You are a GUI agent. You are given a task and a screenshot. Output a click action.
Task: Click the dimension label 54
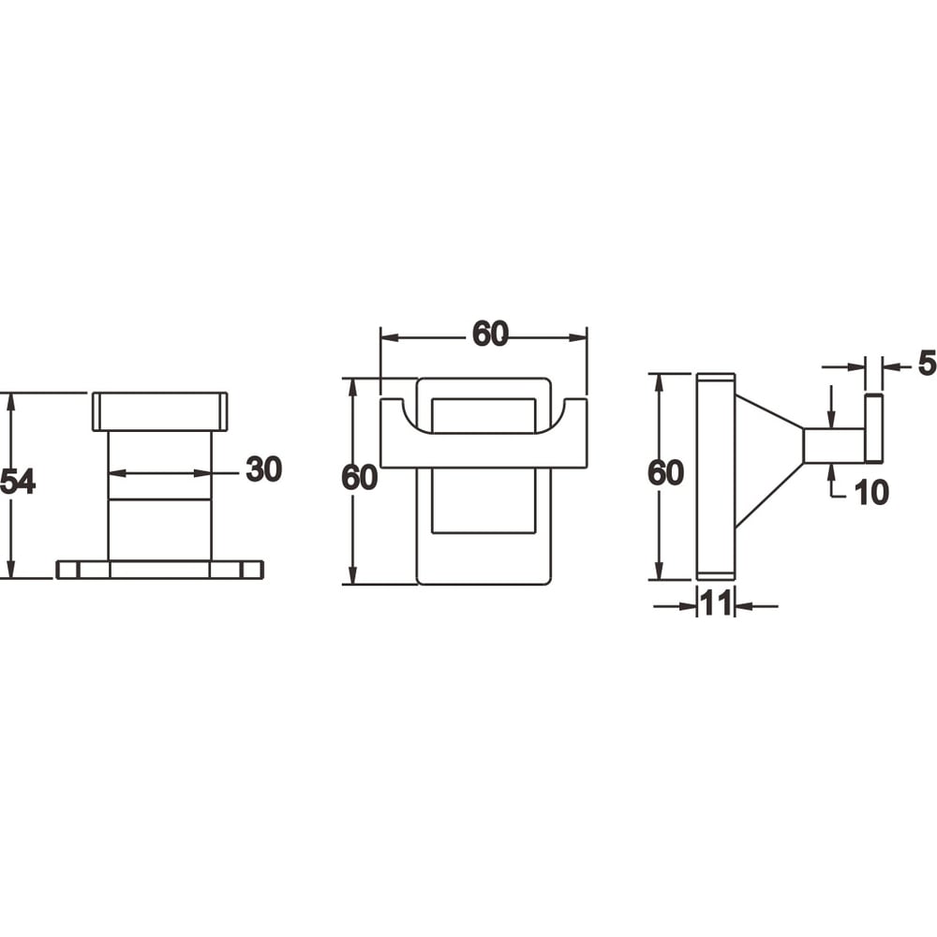point(18,482)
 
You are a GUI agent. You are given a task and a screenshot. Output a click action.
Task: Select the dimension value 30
point(263,469)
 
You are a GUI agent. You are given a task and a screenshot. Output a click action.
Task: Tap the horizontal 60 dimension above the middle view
point(490,334)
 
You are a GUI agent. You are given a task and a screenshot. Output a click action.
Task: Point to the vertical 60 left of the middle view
point(359,478)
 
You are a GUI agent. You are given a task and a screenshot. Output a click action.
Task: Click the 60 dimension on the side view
point(665,472)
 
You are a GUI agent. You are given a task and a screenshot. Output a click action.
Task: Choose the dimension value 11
point(716,604)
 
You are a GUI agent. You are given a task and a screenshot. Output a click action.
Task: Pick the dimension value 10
point(870,493)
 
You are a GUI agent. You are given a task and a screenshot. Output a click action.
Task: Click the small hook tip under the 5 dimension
point(873,427)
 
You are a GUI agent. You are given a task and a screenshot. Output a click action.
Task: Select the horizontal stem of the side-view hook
point(834,445)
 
